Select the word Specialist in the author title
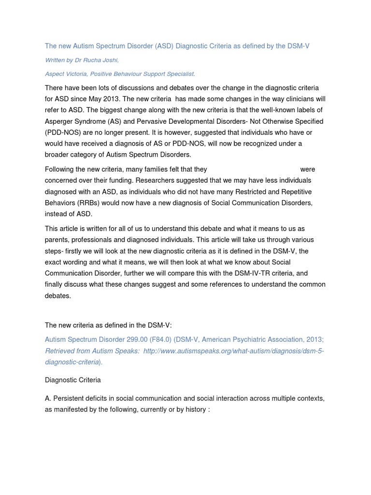click(x=178, y=73)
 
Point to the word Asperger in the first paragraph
click(x=59, y=121)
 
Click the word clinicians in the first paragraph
click(x=299, y=99)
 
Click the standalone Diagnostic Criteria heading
click(x=73, y=380)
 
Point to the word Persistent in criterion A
click(x=70, y=398)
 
